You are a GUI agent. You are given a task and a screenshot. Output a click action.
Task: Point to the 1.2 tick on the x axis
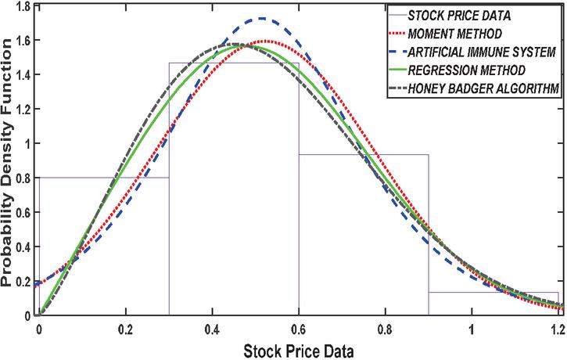[x=557, y=330]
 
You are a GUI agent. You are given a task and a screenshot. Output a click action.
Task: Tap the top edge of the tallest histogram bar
[x=234, y=63]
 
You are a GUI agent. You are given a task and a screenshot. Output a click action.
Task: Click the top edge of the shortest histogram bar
[x=493, y=293]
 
